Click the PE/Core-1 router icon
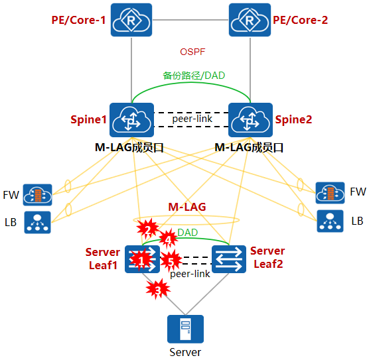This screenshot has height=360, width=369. pyautogui.click(x=131, y=20)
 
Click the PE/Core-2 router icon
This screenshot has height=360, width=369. pyautogui.click(x=250, y=20)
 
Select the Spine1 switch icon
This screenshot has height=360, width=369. pyautogui.click(x=132, y=120)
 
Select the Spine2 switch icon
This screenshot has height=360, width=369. pyautogui.click(x=250, y=120)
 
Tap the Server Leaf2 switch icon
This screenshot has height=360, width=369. pyautogui.click(x=229, y=259)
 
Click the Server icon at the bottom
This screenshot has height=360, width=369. pyautogui.click(x=185, y=329)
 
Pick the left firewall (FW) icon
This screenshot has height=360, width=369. pyautogui.click(x=37, y=195)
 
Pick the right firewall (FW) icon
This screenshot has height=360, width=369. pyautogui.click(x=330, y=193)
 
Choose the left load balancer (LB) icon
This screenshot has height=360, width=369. pyautogui.click(x=37, y=222)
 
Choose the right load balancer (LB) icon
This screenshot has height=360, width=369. pyautogui.click(x=330, y=221)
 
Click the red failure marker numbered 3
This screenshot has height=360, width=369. pyautogui.click(x=158, y=289)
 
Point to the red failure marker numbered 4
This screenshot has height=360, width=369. pyautogui.click(x=169, y=239)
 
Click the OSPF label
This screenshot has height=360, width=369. pyautogui.click(x=192, y=52)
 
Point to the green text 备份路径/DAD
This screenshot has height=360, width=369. pyautogui.click(x=194, y=76)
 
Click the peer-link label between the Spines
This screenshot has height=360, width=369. pyautogui.click(x=192, y=119)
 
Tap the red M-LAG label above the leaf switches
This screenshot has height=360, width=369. pyautogui.click(x=187, y=207)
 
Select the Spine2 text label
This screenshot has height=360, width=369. pyautogui.click(x=293, y=120)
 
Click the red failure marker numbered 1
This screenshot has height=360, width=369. pyautogui.click(x=141, y=260)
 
